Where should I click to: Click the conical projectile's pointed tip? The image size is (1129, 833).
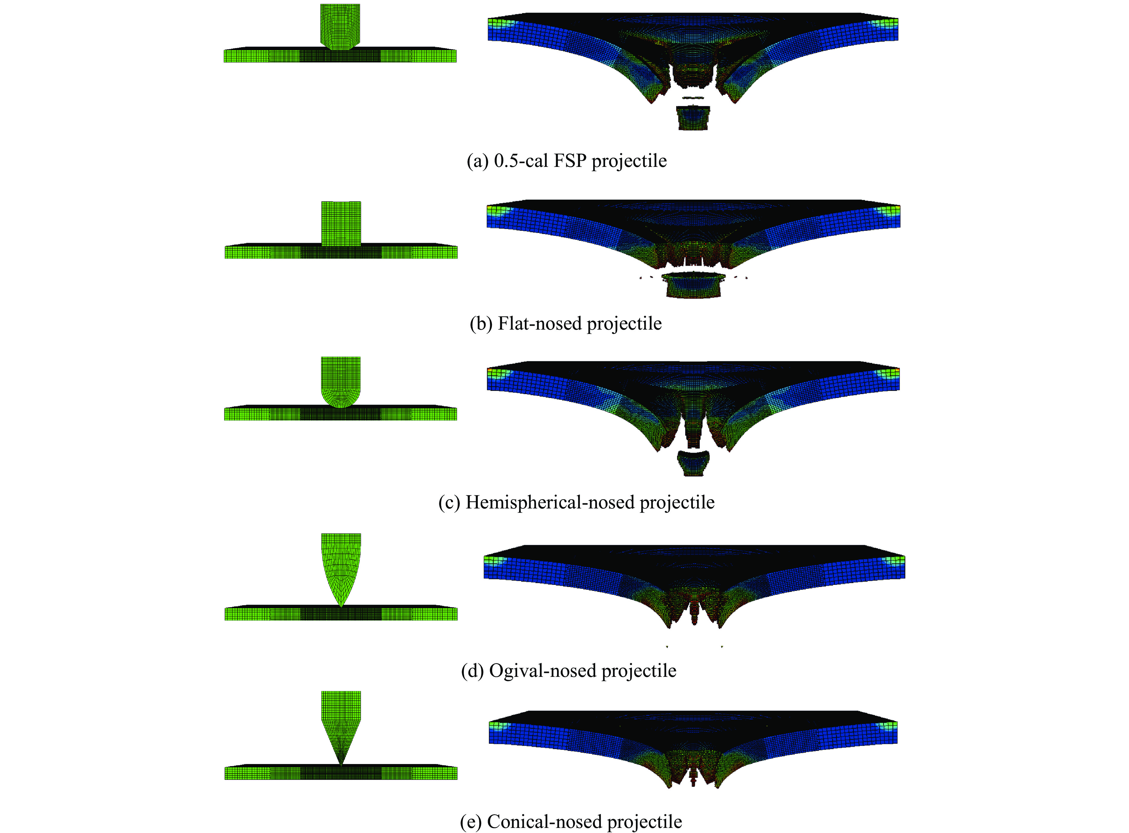[x=341, y=763]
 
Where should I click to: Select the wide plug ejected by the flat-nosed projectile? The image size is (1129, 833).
[x=694, y=285]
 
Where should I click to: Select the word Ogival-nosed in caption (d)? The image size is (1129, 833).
[x=543, y=671]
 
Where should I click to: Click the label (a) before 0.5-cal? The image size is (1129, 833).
[x=477, y=161]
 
